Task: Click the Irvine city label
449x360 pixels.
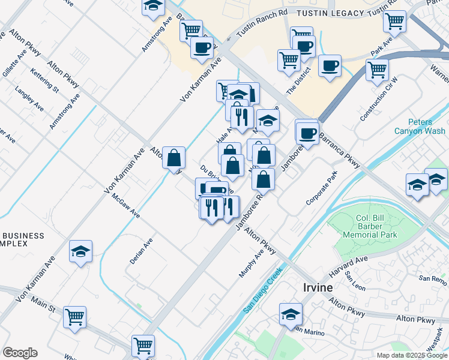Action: click(x=317, y=287)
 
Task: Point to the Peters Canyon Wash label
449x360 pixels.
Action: click(x=420, y=127)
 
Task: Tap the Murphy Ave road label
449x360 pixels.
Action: click(x=252, y=264)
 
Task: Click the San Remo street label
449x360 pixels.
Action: click(x=433, y=278)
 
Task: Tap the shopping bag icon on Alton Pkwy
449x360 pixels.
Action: click(x=173, y=158)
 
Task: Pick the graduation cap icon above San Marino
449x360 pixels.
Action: click(x=291, y=313)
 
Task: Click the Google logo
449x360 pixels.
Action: click(x=20, y=353)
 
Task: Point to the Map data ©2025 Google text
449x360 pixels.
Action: click(x=412, y=355)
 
